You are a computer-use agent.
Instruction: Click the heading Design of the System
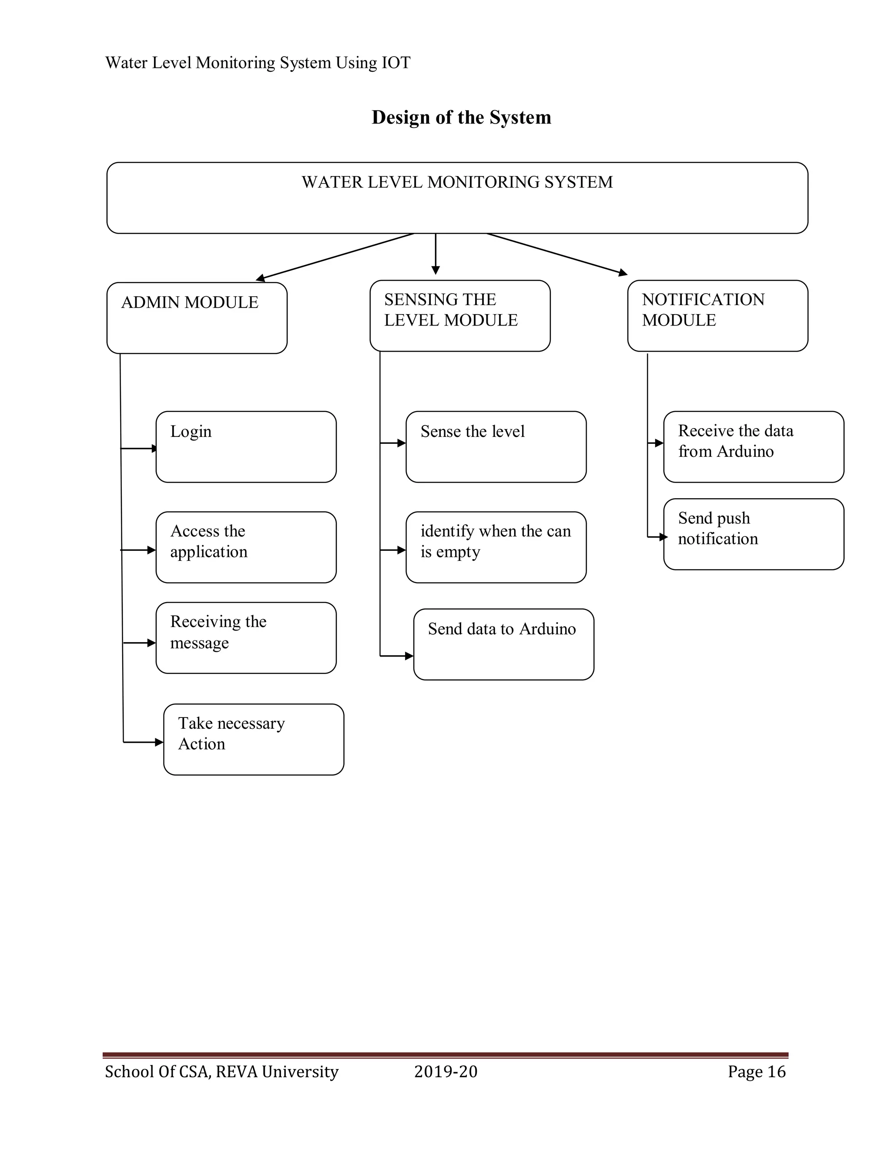click(461, 117)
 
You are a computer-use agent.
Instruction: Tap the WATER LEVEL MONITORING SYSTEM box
click(457, 198)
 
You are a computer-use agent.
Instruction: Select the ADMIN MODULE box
click(197, 318)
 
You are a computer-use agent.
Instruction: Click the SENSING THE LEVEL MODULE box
click(460, 316)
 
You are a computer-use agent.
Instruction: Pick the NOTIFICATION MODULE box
click(717, 316)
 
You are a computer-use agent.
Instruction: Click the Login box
click(246, 447)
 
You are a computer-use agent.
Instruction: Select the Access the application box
click(246, 547)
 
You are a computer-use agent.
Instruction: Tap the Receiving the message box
click(246, 638)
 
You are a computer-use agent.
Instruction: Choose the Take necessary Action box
click(253, 739)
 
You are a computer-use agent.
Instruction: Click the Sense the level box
click(496, 447)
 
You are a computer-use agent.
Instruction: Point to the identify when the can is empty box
click(496, 547)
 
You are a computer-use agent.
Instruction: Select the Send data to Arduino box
click(503, 644)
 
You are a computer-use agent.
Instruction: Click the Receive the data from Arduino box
click(753, 447)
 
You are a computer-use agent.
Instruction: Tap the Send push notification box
click(753, 534)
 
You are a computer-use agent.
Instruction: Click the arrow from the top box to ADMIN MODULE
click(335, 256)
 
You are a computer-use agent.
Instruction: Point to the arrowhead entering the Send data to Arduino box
click(409, 656)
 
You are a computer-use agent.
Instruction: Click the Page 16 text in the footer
click(757, 1072)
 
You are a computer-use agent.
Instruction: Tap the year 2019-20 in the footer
click(445, 1072)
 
